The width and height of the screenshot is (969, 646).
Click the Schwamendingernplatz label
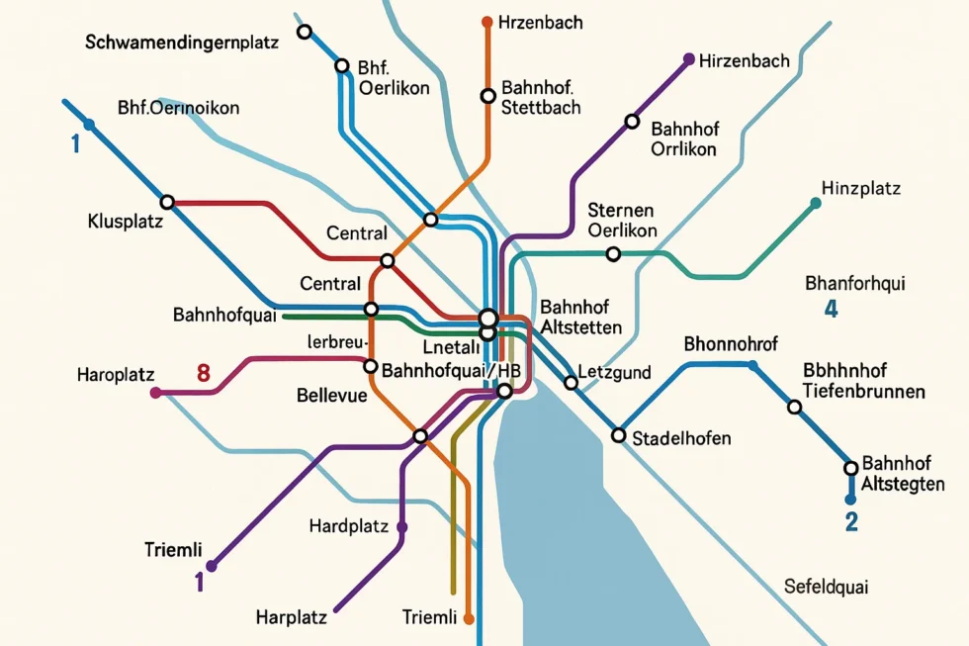182,43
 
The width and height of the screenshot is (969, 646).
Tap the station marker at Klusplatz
167,202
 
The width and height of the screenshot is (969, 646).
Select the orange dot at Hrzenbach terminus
486,22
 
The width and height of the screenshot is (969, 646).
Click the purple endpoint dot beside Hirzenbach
689,58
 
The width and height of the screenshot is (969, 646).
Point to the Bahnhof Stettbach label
541,97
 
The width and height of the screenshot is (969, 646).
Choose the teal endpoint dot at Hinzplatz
815,203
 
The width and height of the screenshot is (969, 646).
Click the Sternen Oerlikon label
622,220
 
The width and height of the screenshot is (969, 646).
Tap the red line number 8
204,374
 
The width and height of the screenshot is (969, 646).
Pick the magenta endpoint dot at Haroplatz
155,393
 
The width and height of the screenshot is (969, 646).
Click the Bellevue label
331,396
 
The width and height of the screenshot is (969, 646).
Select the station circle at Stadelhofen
619,434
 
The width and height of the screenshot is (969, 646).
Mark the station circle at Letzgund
570,383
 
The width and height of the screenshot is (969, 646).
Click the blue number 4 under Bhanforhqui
831,309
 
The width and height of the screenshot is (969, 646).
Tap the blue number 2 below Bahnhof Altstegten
850,521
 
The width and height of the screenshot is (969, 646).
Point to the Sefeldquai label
826,587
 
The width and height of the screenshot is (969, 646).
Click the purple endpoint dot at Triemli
211,567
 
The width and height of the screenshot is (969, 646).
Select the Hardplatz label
348,526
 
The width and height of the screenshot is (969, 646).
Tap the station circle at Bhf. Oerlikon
342,66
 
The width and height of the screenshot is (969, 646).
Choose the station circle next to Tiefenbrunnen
794,407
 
